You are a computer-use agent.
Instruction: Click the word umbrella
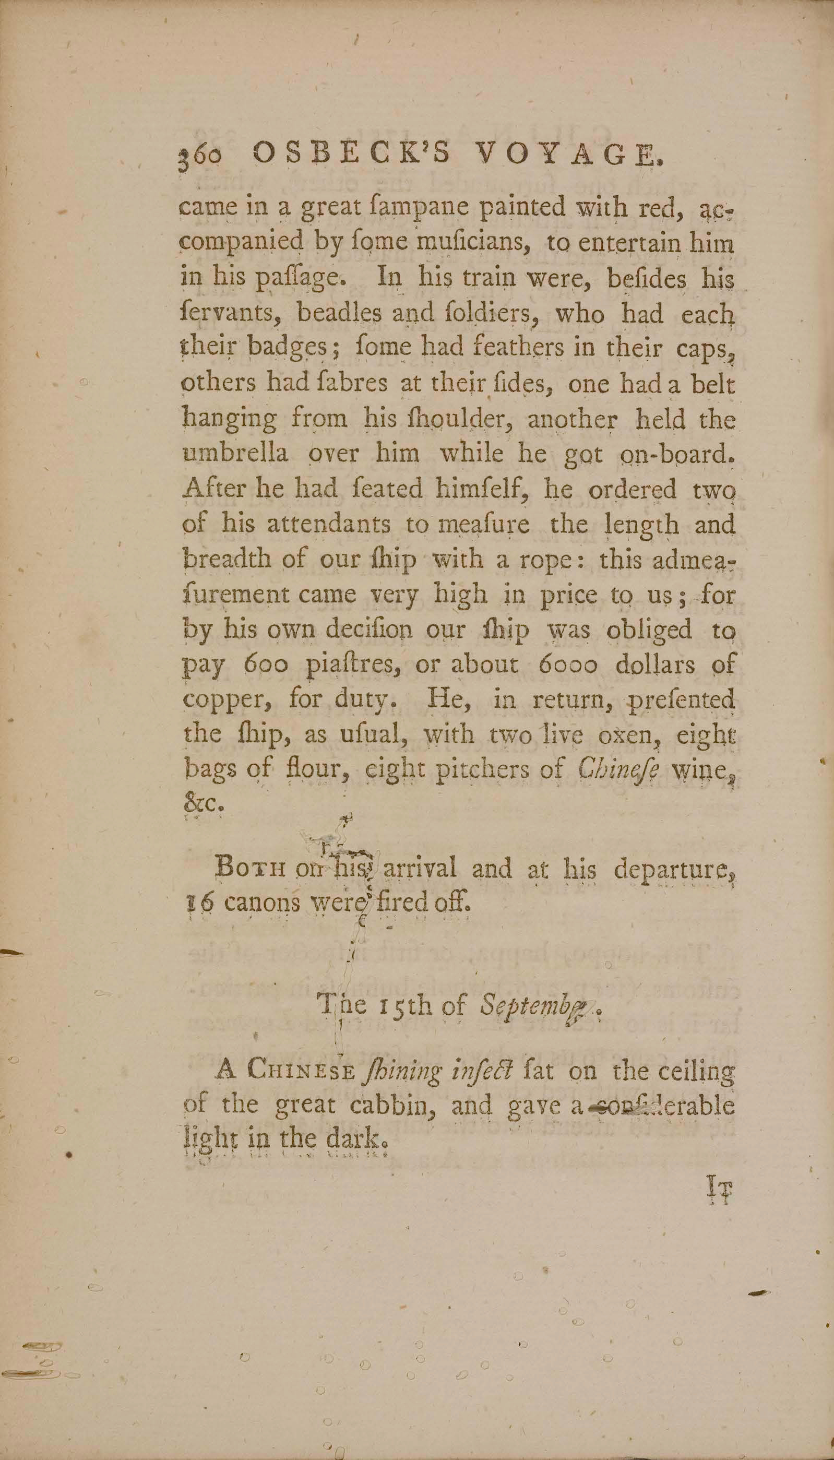(235, 454)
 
